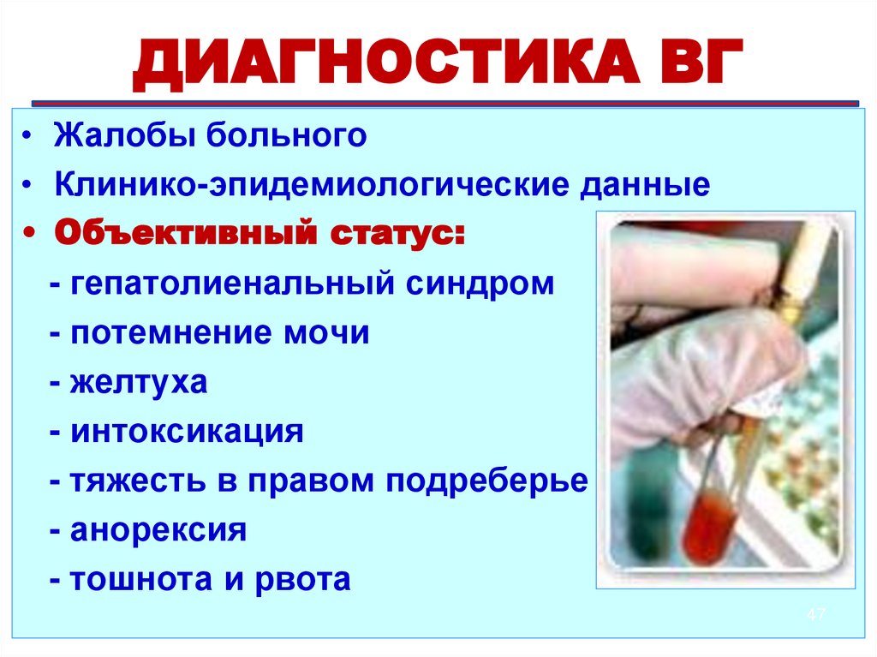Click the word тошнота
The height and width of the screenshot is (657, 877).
139,580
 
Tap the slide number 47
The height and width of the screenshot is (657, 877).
815,615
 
